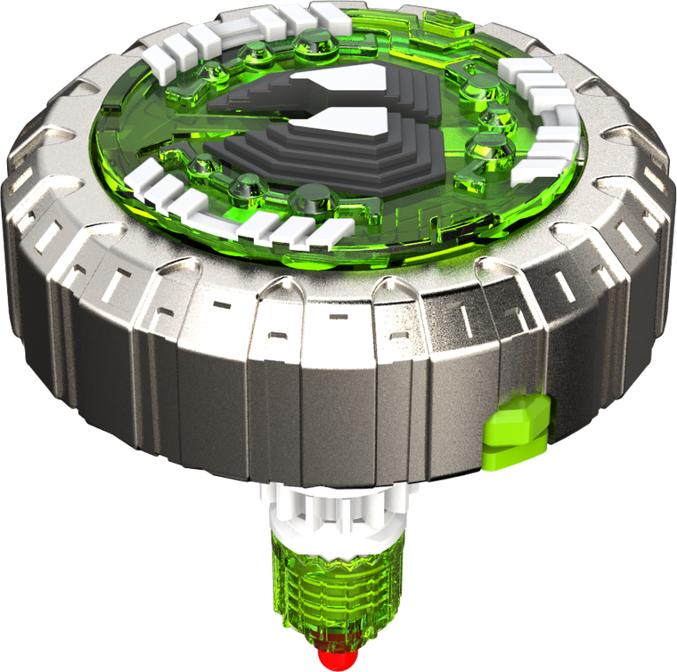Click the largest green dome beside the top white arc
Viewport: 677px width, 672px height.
(x=312, y=39)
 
